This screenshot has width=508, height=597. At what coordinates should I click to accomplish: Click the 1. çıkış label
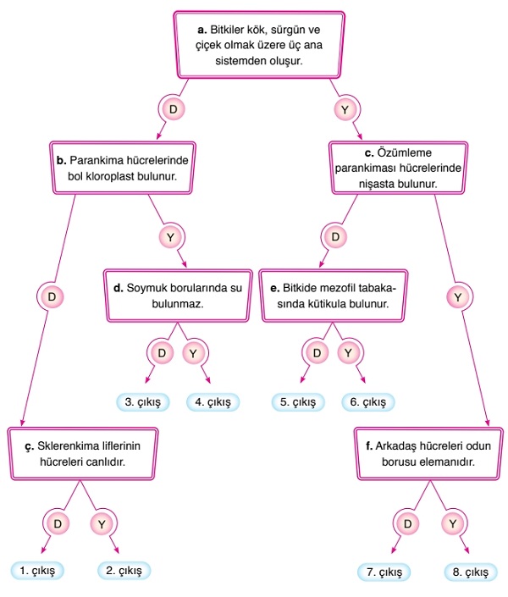point(37,572)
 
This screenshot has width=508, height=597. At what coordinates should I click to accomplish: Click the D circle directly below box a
point(172,109)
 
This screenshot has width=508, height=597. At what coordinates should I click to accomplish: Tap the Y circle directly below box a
point(345,109)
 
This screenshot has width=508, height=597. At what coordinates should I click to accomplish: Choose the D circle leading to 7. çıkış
point(409,523)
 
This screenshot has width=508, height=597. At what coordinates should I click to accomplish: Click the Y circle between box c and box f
point(458,296)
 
